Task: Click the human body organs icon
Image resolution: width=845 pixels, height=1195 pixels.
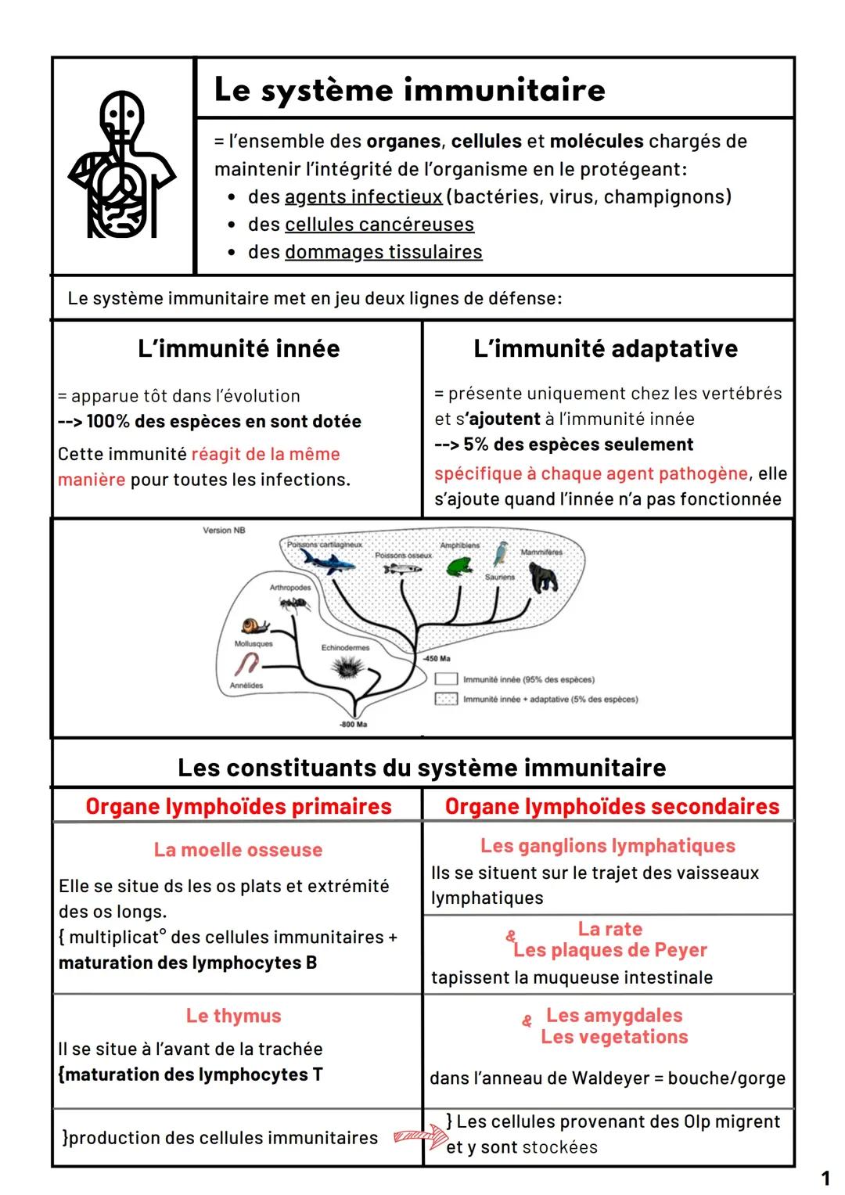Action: [122, 164]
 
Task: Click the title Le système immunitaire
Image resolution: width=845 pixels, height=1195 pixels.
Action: [409, 89]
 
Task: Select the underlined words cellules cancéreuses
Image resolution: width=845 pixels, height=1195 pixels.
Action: [379, 225]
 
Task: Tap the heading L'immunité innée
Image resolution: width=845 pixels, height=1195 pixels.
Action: [239, 348]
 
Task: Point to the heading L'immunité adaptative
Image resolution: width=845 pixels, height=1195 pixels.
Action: [606, 348]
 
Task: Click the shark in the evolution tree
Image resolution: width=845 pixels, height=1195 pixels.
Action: [327, 560]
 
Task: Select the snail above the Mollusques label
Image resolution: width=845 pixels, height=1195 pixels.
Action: [255, 626]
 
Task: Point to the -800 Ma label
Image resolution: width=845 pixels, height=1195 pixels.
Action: [353, 724]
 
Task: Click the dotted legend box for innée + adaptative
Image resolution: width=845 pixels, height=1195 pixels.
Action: [446, 699]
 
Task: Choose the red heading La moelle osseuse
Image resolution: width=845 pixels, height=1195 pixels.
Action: [238, 850]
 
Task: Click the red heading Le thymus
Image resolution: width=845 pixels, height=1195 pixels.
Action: [233, 1016]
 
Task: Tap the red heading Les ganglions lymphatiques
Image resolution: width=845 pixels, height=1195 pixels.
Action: [608, 846]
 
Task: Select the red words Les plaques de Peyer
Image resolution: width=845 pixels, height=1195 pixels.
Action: [610, 950]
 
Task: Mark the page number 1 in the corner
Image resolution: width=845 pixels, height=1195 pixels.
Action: [825, 1178]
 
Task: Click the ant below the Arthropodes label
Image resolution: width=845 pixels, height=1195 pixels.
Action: [294, 603]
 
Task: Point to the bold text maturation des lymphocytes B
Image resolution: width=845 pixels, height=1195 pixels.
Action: [188, 963]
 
